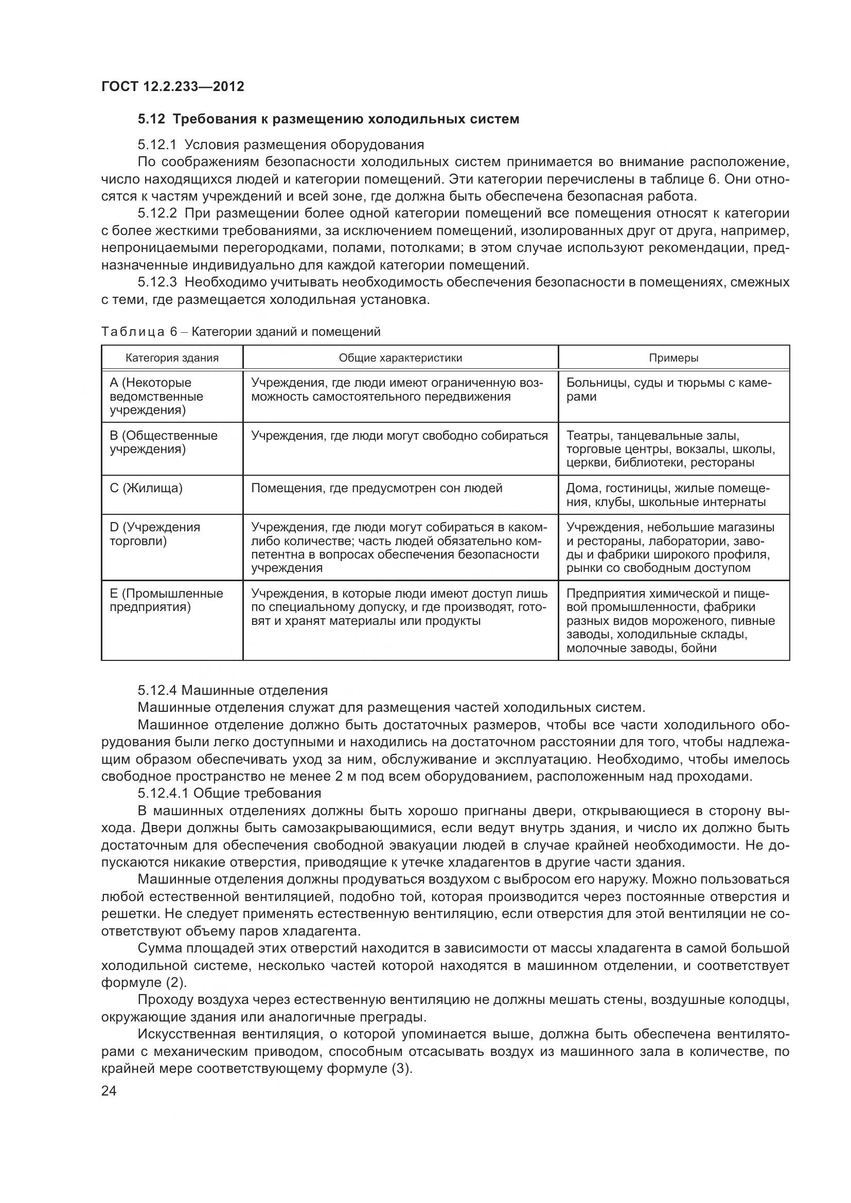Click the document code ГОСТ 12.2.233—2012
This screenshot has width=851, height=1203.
tap(172, 86)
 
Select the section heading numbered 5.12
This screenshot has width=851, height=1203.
tap(328, 119)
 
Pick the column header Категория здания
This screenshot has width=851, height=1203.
tap(172, 358)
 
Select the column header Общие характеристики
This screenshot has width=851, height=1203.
tap(400, 358)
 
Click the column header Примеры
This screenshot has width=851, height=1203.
tap(673, 358)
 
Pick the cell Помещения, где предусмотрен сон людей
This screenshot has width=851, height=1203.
tap(377, 488)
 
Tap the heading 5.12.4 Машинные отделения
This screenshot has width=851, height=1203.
tap(233, 691)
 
